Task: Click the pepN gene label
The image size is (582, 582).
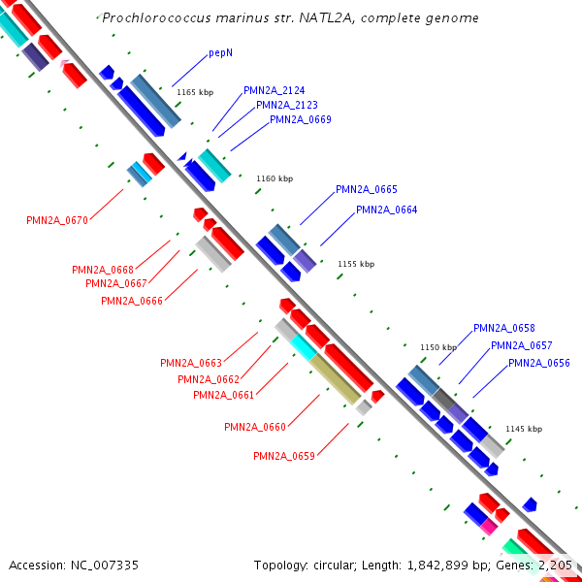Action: (x=220, y=52)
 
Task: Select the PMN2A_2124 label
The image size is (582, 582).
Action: (x=275, y=90)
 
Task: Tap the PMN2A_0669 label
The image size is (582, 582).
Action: (x=301, y=119)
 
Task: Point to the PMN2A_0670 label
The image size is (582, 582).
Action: (x=57, y=220)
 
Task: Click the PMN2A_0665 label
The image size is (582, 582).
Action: (x=367, y=189)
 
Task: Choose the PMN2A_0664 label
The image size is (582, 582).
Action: (x=387, y=210)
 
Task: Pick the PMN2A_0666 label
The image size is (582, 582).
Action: (x=132, y=301)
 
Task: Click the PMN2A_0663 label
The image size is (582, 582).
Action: (x=191, y=363)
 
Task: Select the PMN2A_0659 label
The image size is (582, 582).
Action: (x=284, y=456)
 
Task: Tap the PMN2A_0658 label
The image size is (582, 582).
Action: (x=504, y=328)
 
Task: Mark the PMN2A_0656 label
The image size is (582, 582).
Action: (x=539, y=363)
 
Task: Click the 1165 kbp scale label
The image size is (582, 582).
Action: (x=195, y=92)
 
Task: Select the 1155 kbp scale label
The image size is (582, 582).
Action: (x=356, y=264)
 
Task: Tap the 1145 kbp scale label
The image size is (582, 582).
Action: (x=524, y=429)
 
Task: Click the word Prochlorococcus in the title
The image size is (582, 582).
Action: (x=151, y=17)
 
